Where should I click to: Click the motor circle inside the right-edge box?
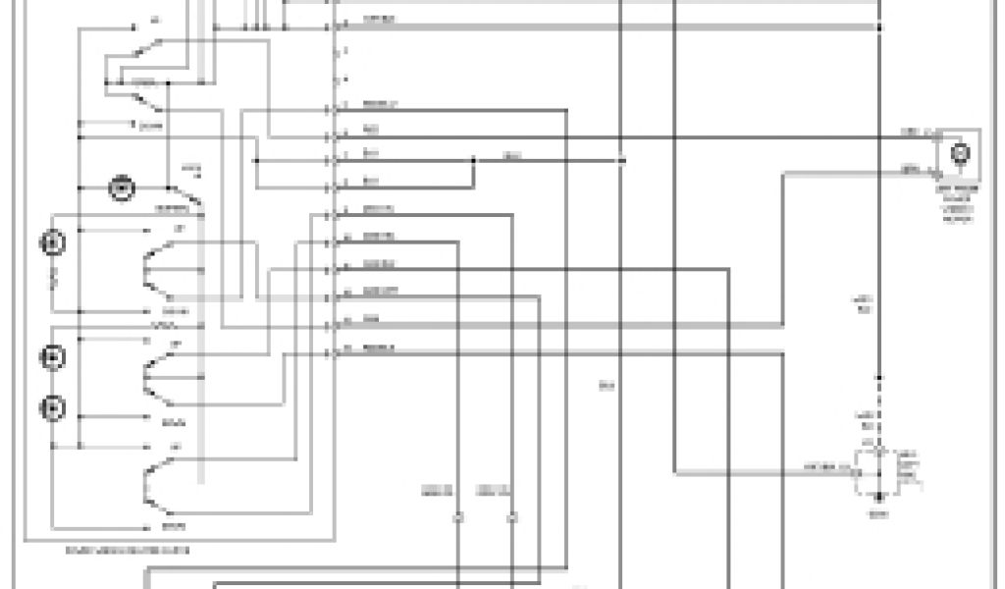click(x=961, y=153)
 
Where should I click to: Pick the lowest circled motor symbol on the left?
click(x=53, y=407)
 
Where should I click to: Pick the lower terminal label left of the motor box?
click(x=910, y=170)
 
